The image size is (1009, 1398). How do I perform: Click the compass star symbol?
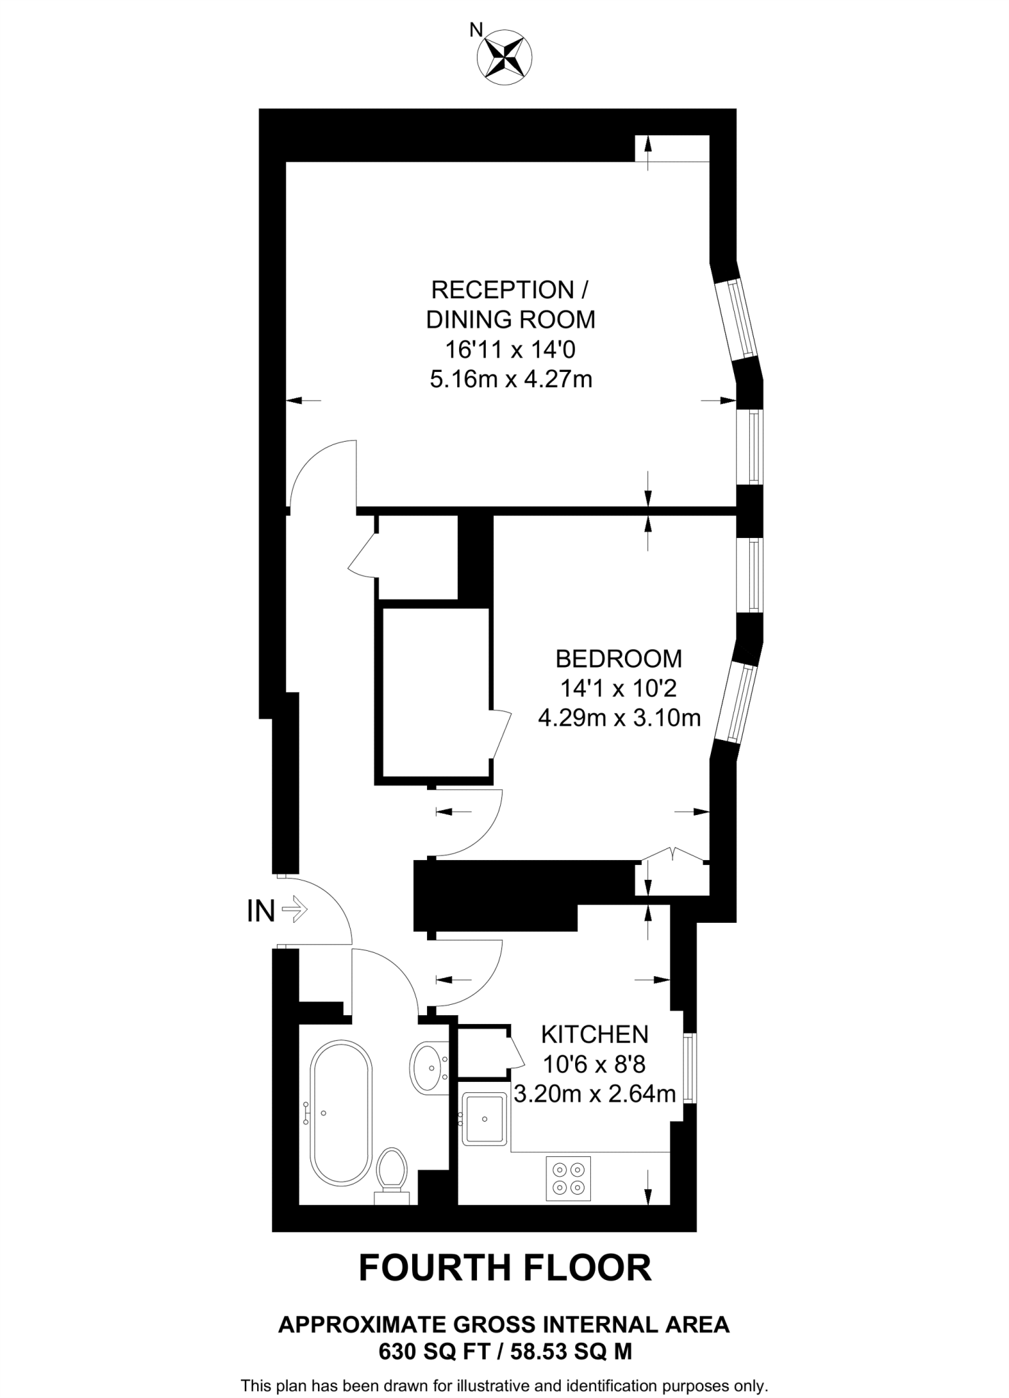(505, 57)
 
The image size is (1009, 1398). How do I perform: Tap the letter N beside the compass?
(476, 29)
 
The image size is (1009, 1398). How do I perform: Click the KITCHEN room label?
(594, 1034)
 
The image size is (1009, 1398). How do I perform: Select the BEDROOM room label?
(619, 659)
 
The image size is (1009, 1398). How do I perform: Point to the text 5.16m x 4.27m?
(511, 379)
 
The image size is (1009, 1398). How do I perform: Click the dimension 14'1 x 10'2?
(619, 688)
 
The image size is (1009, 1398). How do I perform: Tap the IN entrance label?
(261, 911)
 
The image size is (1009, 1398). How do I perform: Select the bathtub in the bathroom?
(341, 1113)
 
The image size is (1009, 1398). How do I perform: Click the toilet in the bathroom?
(392, 1175)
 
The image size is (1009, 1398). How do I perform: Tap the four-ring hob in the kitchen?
(568, 1179)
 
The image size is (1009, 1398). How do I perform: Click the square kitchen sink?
(484, 1119)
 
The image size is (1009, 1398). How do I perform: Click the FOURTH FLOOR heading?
(505, 1268)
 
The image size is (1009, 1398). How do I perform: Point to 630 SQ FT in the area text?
(433, 1351)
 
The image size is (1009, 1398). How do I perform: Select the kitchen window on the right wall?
(690, 1068)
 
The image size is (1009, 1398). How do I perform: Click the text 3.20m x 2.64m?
(594, 1094)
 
